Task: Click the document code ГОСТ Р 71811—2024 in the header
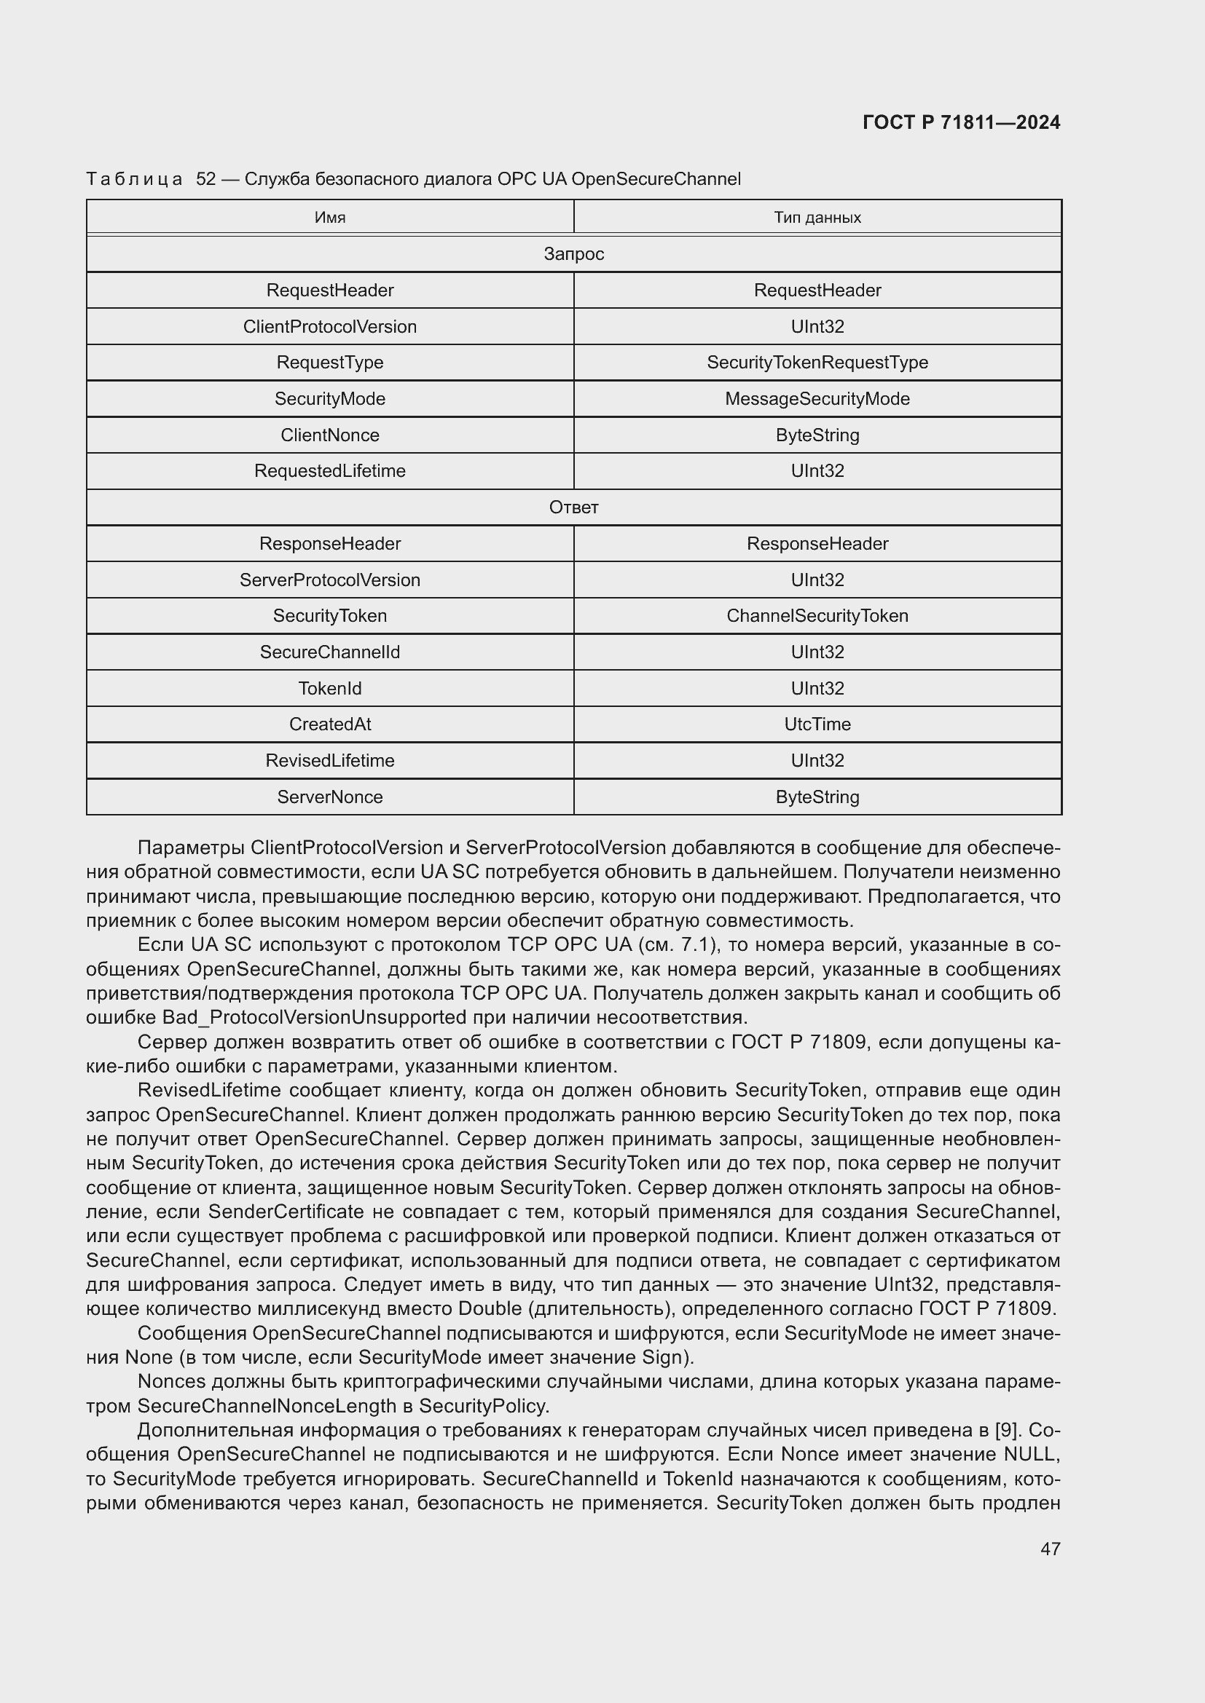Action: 961,122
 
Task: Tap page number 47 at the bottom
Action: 1050,1549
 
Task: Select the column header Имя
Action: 329,217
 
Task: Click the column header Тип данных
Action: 817,217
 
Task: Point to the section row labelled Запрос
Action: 573,253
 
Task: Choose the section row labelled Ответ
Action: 573,507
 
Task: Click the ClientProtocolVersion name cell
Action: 329,326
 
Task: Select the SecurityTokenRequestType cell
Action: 817,363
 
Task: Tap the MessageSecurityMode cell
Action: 817,399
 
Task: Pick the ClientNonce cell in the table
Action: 329,435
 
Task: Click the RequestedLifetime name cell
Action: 329,471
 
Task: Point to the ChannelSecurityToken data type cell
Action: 817,616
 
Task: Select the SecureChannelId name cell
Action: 329,652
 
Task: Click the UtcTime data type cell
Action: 817,724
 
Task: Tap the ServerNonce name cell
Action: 329,797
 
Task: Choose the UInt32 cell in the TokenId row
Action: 817,688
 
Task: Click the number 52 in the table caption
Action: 205,179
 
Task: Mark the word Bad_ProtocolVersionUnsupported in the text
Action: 314,1017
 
